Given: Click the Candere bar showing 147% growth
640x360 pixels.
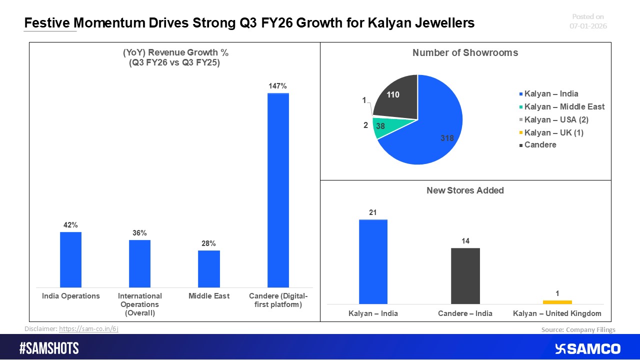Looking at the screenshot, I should (x=278, y=190).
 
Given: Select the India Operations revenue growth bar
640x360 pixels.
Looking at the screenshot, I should (x=70, y=259).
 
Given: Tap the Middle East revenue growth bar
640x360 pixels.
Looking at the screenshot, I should (x=208, y=268).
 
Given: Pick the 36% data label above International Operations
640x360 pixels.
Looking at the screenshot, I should (x=139, y=233).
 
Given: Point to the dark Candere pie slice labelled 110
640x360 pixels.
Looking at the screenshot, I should (x=397, y=97).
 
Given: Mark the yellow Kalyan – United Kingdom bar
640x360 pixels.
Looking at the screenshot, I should (x=557, y=302).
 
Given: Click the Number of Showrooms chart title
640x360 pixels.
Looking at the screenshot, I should (x=465, y=53).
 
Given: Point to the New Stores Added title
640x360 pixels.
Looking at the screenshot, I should (x=465, y=190).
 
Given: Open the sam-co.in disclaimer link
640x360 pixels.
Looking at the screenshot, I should (x=88, y=328).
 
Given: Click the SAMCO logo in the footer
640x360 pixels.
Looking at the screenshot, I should (x=587, y=348).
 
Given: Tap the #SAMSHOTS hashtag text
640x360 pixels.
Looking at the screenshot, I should (x=49, y=348).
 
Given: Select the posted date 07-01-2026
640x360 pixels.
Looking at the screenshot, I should (x=588, y=26).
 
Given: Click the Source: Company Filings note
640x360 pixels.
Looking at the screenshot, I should (x=578, y=329).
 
